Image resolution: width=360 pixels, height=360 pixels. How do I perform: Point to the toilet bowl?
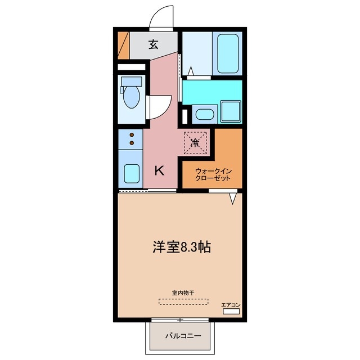pos(131,96)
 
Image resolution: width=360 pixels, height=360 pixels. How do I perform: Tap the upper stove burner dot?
pos(132,135)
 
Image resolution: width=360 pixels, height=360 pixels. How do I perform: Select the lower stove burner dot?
pos(132,143)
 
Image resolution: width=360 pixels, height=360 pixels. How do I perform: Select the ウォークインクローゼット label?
pos(213,174)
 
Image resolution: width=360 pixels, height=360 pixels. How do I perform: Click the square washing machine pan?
pos(230,111)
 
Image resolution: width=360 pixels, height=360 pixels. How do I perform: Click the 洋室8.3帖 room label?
pos(181,247)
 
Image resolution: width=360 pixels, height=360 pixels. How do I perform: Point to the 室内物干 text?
pos(182,292)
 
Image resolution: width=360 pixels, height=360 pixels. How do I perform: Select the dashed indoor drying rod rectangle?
pos(182,301)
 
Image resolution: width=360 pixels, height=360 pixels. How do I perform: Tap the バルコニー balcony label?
pos(182,336)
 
